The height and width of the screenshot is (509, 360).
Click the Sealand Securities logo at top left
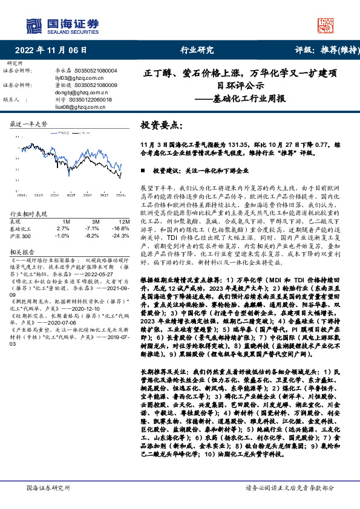click(62, 25)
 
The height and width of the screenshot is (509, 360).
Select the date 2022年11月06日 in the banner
click(50, 50)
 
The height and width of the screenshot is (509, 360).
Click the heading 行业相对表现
click(29, 214)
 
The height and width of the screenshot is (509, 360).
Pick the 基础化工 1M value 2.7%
click(63, 229)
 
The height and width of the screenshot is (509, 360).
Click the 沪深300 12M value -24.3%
click(120, 235)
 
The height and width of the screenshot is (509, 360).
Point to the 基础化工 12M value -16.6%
click(120, 229)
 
